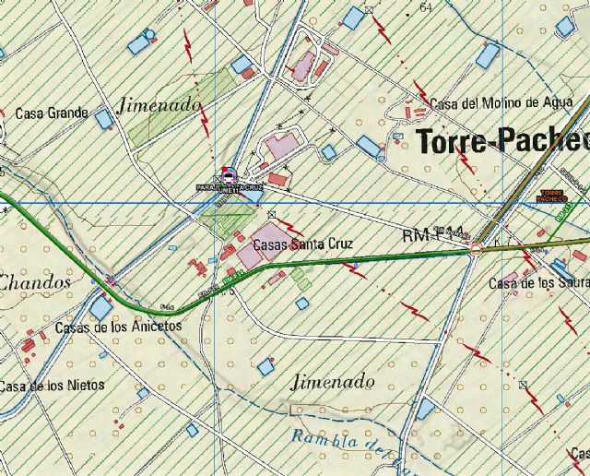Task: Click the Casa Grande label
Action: pos(52,113)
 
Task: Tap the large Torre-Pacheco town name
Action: pos(503,141)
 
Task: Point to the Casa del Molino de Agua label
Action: pos(495,103)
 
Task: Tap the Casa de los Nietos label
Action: pos(53,386)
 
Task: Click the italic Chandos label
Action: pos(35,281)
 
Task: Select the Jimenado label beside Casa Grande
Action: pos(159,105)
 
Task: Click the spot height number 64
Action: pos(425,7)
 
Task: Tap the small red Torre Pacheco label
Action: pos(551,196)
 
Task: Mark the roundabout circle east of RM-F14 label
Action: pos(476,248)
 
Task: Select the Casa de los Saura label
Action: pos(539,282)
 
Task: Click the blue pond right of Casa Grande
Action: pos(103,119)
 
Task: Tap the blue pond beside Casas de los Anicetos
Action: pos(100,308)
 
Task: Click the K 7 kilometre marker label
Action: pos(501,242)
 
